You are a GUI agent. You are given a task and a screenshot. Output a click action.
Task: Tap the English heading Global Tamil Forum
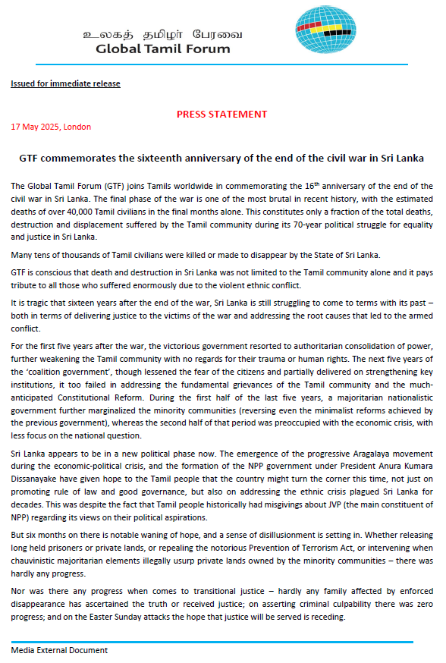pos(164,49)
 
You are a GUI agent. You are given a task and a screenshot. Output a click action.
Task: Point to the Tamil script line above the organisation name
pos(164,34)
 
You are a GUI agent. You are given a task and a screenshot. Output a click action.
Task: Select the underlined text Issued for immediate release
pos(65,83)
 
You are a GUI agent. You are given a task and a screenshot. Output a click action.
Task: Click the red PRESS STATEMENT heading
pos(221,114)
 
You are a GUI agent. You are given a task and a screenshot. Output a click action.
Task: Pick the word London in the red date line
pos(77,127)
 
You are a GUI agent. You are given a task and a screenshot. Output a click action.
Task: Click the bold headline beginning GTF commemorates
pos(221,159)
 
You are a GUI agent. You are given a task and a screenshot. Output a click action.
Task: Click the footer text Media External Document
pos(59,650)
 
